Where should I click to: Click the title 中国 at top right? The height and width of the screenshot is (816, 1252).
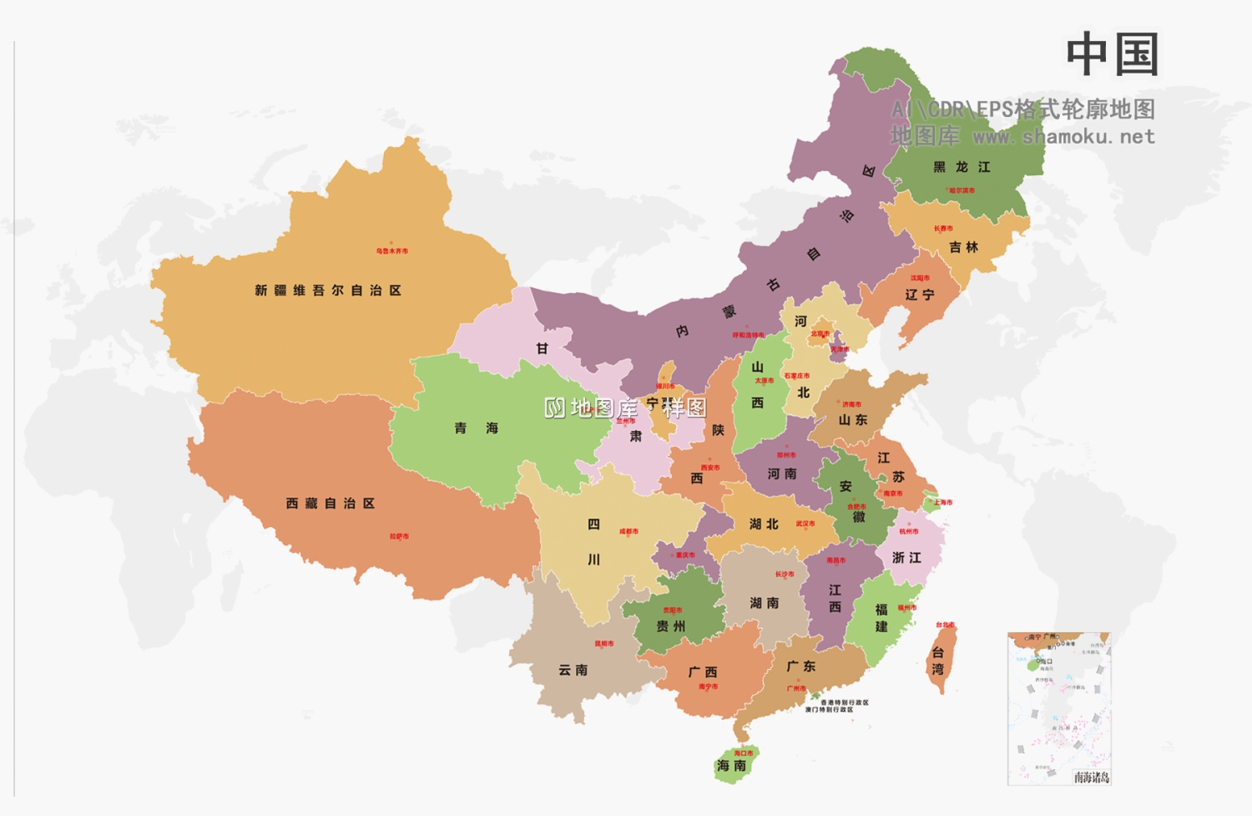[x=1112, y=55]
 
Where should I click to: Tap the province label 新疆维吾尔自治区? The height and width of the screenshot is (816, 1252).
[x=328, y=291]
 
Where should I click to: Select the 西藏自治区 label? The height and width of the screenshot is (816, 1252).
[x=331, y=504]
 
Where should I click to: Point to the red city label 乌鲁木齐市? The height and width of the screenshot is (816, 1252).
[x=391, y=251]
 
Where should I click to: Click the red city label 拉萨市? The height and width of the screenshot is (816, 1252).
[x=399, y=536]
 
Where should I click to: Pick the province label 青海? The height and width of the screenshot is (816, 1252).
[x=476, y=428]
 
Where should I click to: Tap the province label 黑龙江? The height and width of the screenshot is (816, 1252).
[x=962, y=167]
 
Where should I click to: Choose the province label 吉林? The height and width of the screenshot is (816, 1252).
[x=963, y=247]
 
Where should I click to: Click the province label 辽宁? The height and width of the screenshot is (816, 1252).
[x=920, y=295]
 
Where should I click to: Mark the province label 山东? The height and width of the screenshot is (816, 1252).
[x=853, y=420]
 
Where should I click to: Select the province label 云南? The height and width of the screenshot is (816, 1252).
[x=573, y=670]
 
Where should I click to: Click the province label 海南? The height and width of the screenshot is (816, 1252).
[x=731, y=766]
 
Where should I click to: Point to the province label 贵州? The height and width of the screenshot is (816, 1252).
[x=670, y=626]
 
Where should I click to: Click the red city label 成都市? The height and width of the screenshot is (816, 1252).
[x=629, y=531]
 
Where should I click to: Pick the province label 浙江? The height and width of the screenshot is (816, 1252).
[x=906, y=557]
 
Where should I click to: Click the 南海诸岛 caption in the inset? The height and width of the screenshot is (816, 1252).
[x=1091, y=778]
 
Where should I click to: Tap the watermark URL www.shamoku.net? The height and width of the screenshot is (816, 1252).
[x=1064, y=136]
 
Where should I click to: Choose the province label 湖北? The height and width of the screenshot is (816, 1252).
[x=764, y=524]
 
